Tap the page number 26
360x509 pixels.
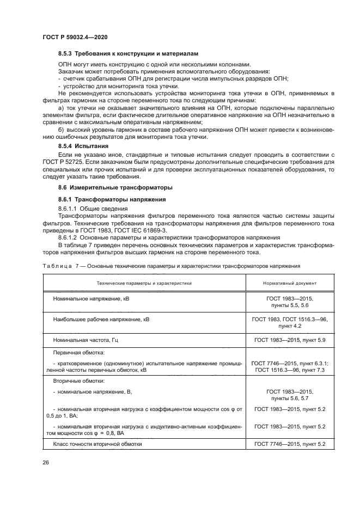(x=46, y=462)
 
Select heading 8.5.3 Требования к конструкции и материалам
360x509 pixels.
(x=128, y=54)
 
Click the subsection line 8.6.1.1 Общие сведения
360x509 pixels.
(x=93, y=208)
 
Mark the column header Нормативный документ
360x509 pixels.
(x=290, y=283)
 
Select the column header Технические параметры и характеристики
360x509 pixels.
(x=144, y=283)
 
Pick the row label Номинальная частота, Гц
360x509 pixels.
(x=86, y=340)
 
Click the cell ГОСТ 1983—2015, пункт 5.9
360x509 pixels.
(x=290, y=340)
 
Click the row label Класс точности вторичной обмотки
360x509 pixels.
(x=97, y=444)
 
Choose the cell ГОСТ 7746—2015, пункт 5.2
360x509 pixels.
(x=290, y=444)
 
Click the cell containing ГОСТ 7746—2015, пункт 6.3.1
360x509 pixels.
(x=290, y=363)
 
